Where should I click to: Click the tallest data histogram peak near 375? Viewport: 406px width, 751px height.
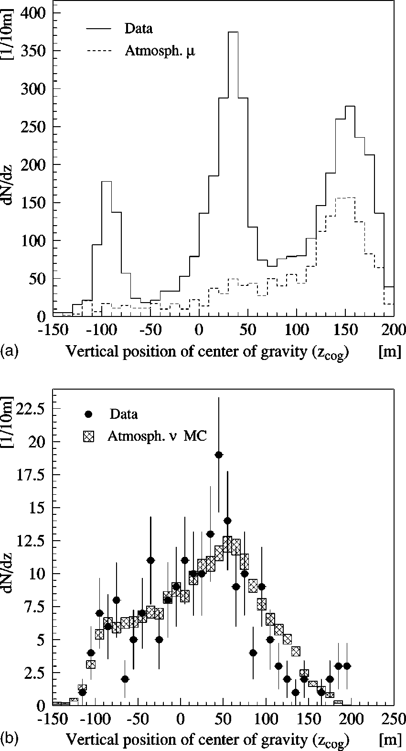pyautogui.click(x=233, y=33)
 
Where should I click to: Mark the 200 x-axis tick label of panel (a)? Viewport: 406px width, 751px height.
pyautogui.click(x=394, y=330)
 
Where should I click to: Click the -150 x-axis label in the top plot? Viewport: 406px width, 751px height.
pyautogui.click(x=53, y=330)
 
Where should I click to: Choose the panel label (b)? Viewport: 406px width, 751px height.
pyautogui.click(x=9, y=740)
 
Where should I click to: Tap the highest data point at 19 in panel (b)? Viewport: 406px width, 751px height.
pyautogui.click(x=219, y=455)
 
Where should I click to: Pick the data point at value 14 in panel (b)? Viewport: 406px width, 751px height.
pyautogui.click(x=227, y=521)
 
